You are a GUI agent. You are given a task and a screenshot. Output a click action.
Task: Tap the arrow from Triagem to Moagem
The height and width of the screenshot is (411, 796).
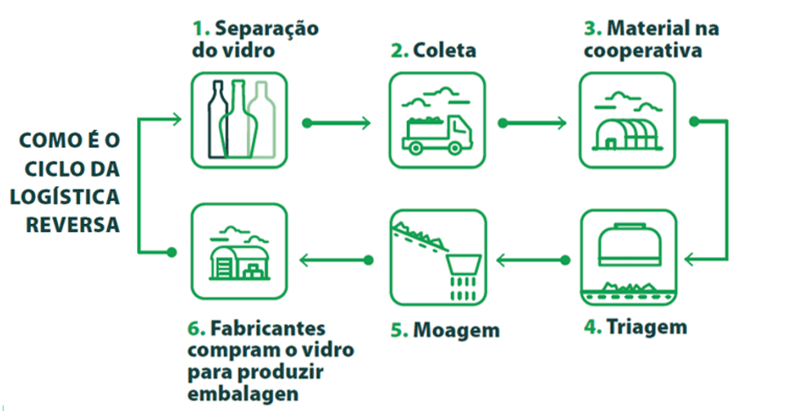coord(530,259)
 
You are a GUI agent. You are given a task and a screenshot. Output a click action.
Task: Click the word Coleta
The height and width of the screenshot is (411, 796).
coord(445,50)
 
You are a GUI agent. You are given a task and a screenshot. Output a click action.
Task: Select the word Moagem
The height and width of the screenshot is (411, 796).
coord(455,330)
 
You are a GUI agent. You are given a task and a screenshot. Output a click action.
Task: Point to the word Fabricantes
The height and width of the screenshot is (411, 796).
coord(268,330)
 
